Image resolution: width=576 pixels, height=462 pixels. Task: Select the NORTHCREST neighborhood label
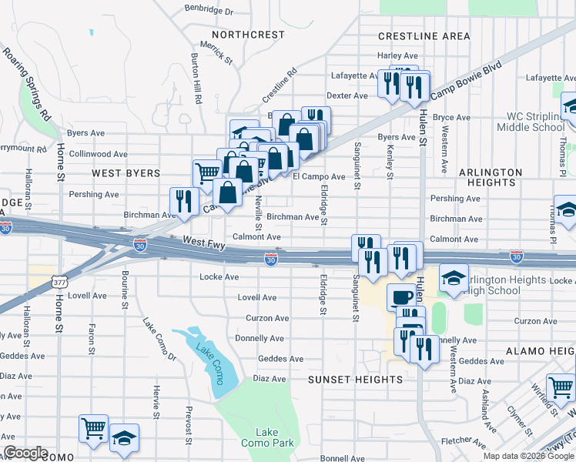[248, 35]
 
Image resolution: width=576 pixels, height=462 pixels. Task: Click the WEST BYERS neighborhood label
[126, 173]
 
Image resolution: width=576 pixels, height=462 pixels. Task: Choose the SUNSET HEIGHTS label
[355, 380]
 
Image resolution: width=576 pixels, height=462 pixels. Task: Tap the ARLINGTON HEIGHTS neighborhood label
[497, 176]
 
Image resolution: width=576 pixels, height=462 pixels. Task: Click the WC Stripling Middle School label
[531, 122]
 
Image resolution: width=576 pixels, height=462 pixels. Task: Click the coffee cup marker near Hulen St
[400, 296]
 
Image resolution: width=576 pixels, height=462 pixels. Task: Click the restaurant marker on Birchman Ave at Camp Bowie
[183, 202]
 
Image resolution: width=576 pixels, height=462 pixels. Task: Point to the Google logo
[25, 454]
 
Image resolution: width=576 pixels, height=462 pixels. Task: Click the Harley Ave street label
[397, 55]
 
